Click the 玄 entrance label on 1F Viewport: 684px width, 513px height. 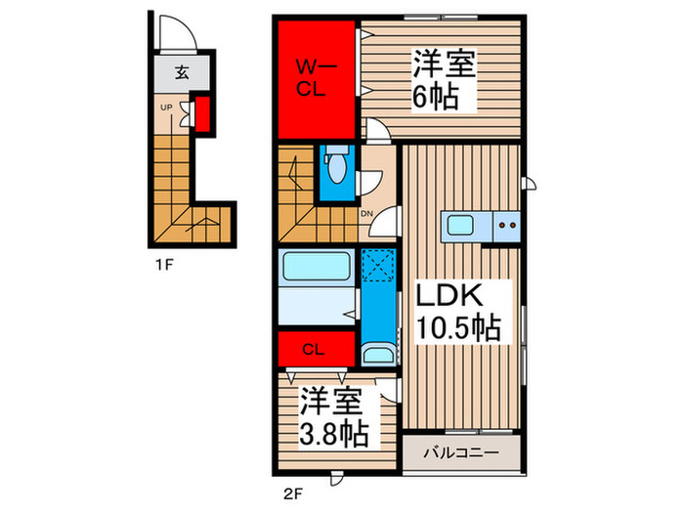(183, 71)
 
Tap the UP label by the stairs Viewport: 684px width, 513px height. (167, 107)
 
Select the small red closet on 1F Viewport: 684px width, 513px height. (203, 113)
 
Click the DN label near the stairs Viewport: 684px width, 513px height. (367, 215)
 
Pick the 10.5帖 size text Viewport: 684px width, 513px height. (458, 326)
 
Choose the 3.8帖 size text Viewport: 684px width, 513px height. (331, 430)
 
